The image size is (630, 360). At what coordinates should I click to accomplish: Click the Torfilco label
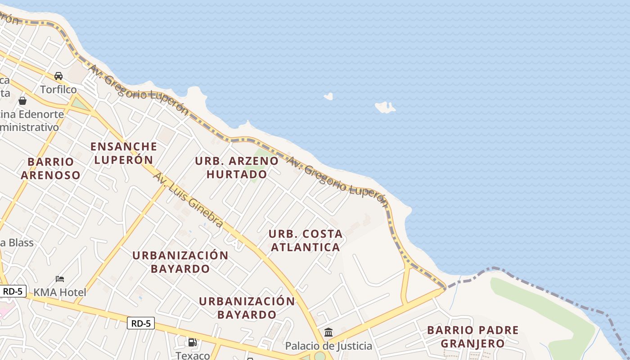[58, 90]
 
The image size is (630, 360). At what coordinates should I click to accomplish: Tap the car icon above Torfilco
[58, 76]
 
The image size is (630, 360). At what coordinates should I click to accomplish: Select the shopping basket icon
[22, 101]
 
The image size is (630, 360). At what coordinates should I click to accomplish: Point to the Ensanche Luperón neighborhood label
[124, 153]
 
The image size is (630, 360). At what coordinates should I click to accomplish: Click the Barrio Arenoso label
[50, 168]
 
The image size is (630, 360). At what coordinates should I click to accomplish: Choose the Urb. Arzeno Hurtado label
[237, 167]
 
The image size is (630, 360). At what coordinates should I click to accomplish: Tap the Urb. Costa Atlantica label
[305, 240]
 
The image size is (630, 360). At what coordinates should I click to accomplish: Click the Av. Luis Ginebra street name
[188, 199]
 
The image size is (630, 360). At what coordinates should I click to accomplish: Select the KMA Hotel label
[59, 292]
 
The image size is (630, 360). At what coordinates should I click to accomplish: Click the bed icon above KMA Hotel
[59, 279]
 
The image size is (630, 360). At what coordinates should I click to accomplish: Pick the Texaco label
[193, 355]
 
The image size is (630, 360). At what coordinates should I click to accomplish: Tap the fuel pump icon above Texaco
[193, 342]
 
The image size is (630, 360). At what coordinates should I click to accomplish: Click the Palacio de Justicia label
[328, 346]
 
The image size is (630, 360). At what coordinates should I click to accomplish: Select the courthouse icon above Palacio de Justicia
[328, 333]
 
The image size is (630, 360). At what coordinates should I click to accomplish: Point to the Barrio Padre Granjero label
[472, 337]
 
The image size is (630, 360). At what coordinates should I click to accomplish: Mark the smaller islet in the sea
[328, 96]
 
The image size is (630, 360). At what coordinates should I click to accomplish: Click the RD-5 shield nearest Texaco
[140, 323]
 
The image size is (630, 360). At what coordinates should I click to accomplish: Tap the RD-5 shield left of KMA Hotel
[13, 291]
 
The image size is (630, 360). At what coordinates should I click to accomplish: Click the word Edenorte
[41, 114]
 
